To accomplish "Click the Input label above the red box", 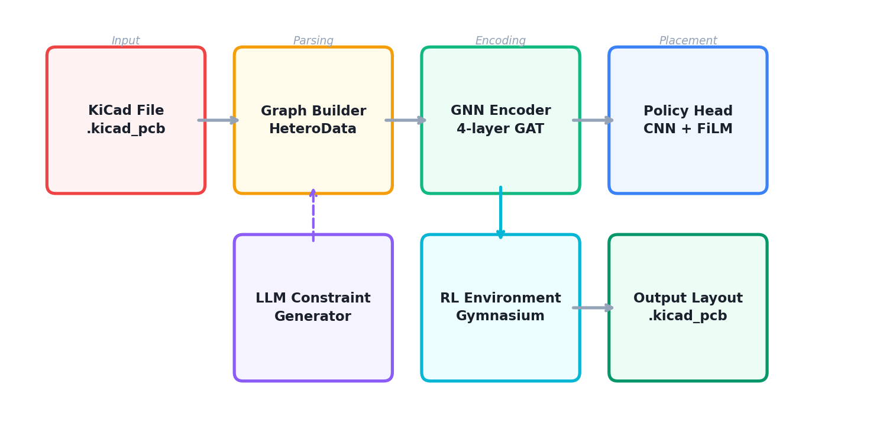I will click(125, 41).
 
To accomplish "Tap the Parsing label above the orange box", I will click(313, 41).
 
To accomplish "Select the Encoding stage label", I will click(500, 41).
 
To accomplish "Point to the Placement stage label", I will click(688, 41).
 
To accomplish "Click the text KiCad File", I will click(126, 111).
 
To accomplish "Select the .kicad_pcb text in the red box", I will click(126, 129).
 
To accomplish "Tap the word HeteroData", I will click(313, 129).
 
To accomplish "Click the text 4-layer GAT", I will click(500, 129).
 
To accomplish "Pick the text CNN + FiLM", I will click(688, 129).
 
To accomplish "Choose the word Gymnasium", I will click(500, 316).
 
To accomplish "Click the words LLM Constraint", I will click(313, 298).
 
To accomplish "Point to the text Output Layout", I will click(688, 298).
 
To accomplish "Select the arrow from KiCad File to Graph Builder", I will click(218, 120).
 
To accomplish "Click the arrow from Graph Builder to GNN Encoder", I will click(406, 120).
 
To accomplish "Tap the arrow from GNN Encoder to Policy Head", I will click(593, 120).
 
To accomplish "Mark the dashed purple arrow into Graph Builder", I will click(313, 215).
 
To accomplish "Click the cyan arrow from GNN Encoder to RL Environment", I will click(500, 213).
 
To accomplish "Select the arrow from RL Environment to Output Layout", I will click(593, 308).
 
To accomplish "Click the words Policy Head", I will click(688, 111).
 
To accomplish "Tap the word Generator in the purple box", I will click(313, 317).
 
